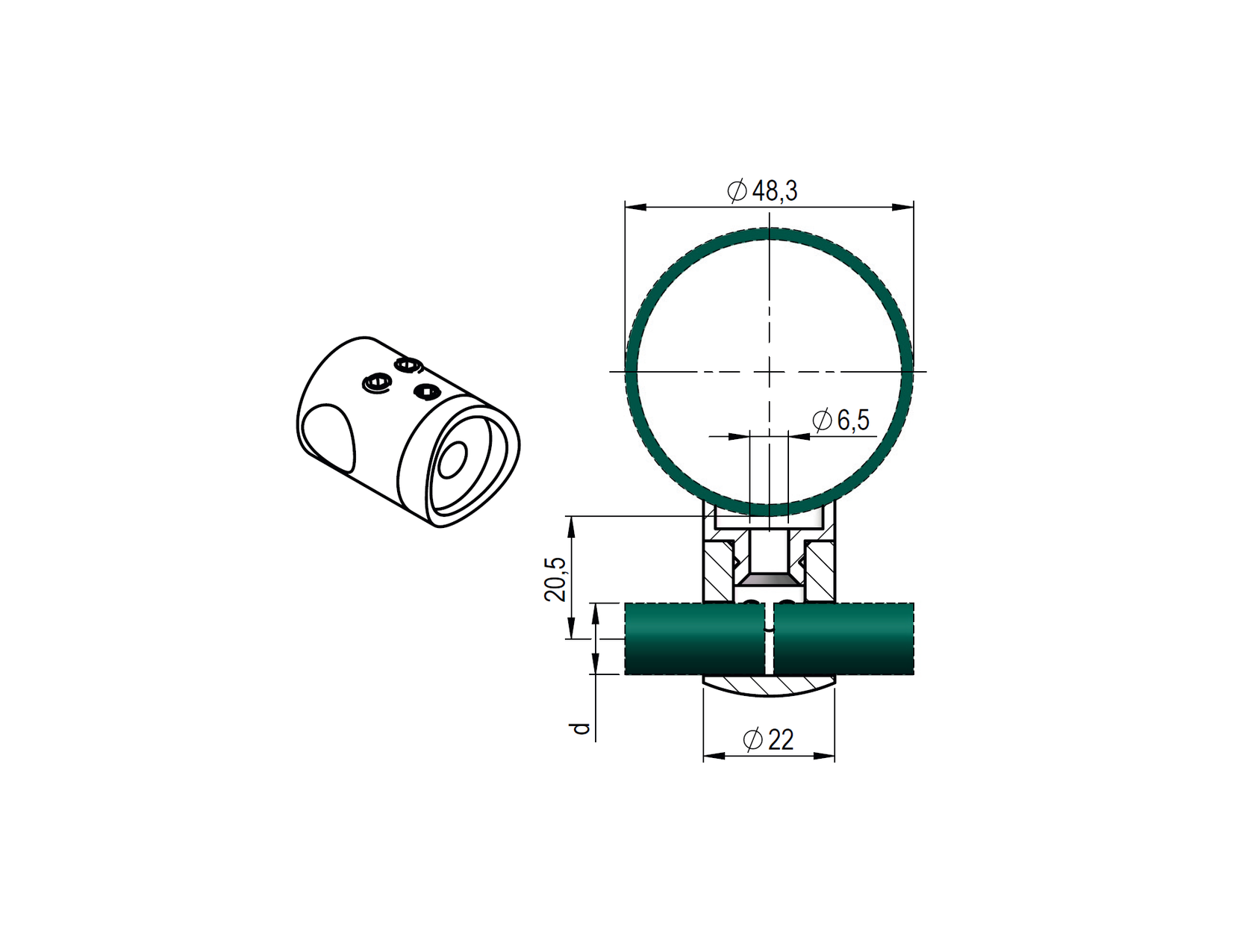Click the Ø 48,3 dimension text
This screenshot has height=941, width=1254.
pos(761,191)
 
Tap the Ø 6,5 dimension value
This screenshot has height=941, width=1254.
pos(840,420)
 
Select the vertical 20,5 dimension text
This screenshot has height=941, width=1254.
pos(555,579)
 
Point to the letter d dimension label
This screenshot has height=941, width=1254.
pos(581,728)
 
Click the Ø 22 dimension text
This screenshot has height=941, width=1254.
pos(768,740)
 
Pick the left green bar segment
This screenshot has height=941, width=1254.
pos(695,639)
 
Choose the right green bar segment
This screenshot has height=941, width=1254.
pos(843,639)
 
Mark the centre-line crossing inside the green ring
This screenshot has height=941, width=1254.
pos(770,372)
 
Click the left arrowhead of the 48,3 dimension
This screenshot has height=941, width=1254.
pos(635,207)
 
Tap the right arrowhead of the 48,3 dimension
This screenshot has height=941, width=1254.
pos(903,207)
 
